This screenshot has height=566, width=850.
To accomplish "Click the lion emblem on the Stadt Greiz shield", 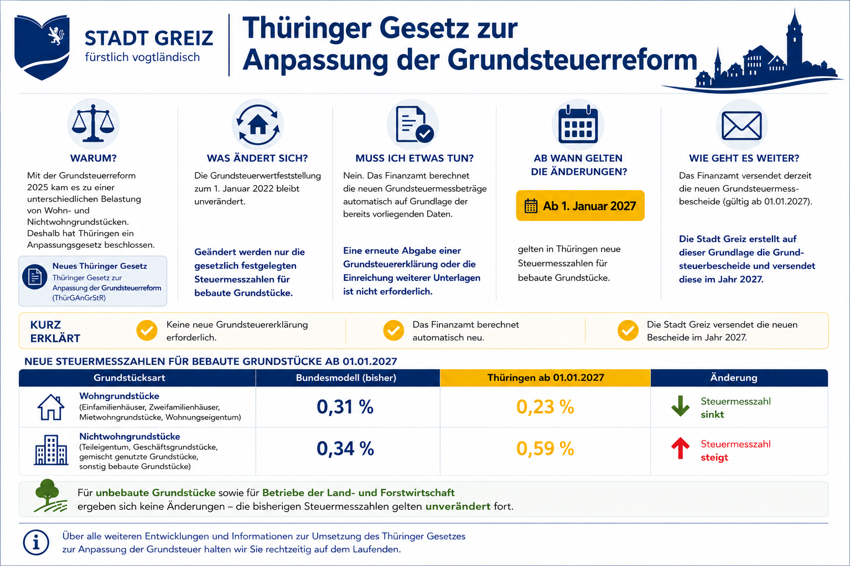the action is (56, 35).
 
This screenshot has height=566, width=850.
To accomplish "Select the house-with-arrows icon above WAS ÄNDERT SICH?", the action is (258, 124).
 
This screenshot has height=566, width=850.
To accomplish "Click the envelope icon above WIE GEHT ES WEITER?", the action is (742, 125).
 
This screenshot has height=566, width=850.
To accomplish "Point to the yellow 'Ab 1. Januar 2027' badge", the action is (580, 206).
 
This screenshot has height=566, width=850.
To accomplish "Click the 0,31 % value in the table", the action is (345, 407).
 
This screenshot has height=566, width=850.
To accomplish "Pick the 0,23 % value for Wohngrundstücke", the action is (545, 407).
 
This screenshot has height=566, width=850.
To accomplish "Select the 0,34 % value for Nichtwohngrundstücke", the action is (345, 448).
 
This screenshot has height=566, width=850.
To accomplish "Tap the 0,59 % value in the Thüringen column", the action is (545, 448).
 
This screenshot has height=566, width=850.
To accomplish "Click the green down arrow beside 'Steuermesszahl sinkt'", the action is (680, 406).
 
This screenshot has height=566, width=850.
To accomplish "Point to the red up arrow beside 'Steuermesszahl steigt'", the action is (680, 448).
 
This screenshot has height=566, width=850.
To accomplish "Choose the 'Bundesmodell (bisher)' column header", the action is (346, 378).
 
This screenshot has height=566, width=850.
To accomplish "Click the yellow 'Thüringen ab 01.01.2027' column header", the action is (546, 378).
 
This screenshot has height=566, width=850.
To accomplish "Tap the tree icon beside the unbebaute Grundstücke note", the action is (49, 495).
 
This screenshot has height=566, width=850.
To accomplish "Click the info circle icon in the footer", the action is (36, 542).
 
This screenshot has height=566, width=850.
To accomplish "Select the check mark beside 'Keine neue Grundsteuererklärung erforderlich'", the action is (147, 331).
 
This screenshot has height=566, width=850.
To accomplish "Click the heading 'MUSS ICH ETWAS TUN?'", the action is (414, 158).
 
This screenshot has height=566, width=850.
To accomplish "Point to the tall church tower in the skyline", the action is (794, 41).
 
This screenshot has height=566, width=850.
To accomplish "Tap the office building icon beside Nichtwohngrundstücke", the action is (51, 450).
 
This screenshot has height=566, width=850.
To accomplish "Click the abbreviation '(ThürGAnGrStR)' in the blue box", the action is (79, 298).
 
